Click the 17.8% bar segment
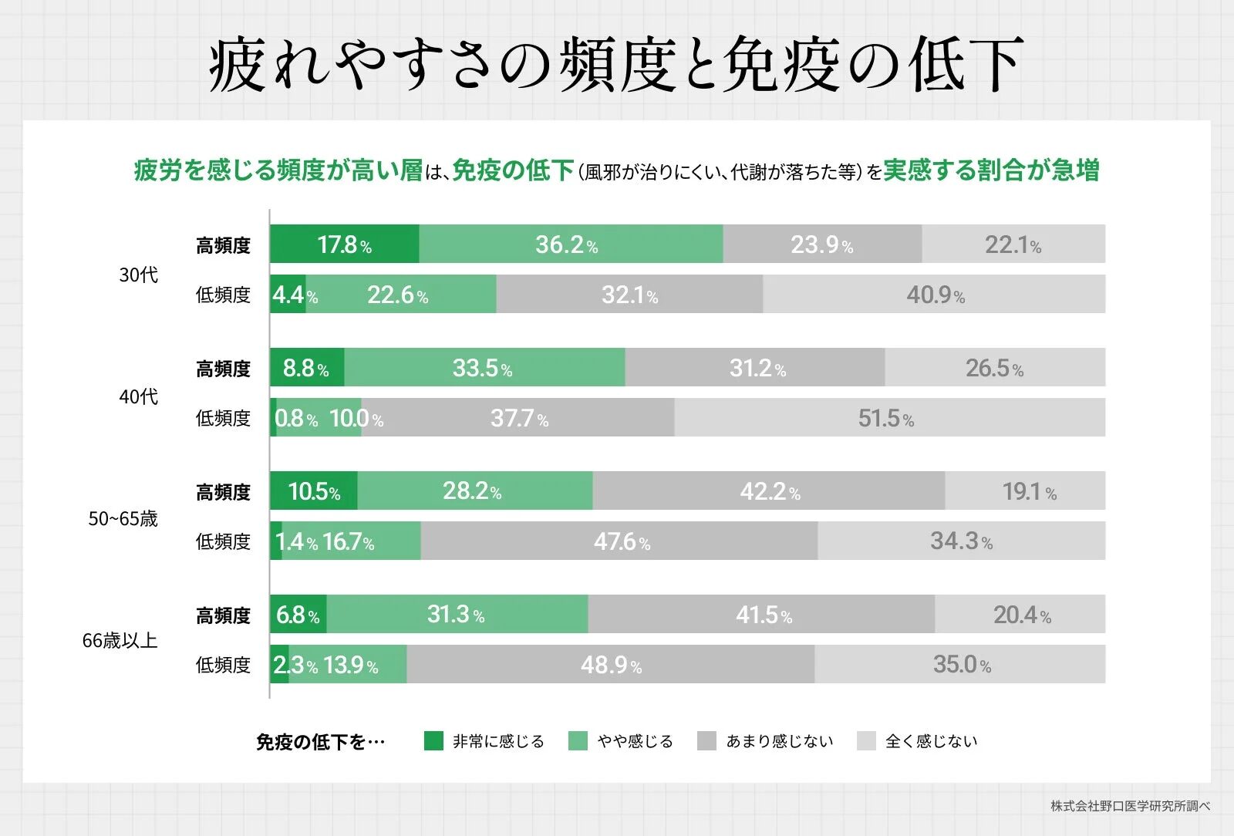tap(344, 244)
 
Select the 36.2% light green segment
tap(571, 244)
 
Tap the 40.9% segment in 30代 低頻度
tap(934, 295)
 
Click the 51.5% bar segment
tap(889, 418)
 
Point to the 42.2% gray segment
tap(769, 491)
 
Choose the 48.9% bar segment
tap(610, 665)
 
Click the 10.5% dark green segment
tap(314, 491)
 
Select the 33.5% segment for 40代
tap(484, 368)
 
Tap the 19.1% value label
tap(1029, 492)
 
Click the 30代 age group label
tap(138, 275)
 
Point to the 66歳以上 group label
tap(120, 640)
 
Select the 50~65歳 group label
tap(123, 518)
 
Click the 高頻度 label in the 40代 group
tap(223, 369)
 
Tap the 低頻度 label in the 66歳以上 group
tap(223, 665)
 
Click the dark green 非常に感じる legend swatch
tap(433, 741)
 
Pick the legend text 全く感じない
tap(931, 741)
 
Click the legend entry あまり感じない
tap(779, 741)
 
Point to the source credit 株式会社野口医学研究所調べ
tap(1130, 806)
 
